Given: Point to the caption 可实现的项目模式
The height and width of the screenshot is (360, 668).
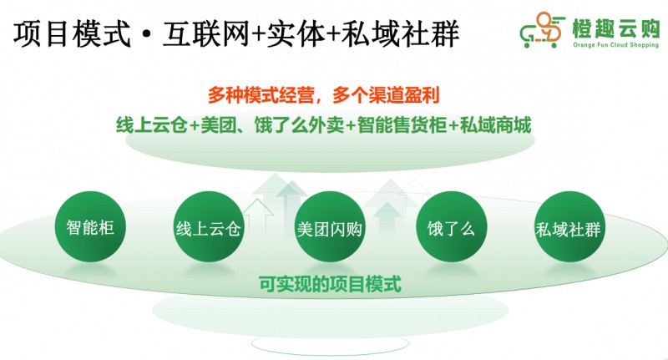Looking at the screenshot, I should coord(330,285).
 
